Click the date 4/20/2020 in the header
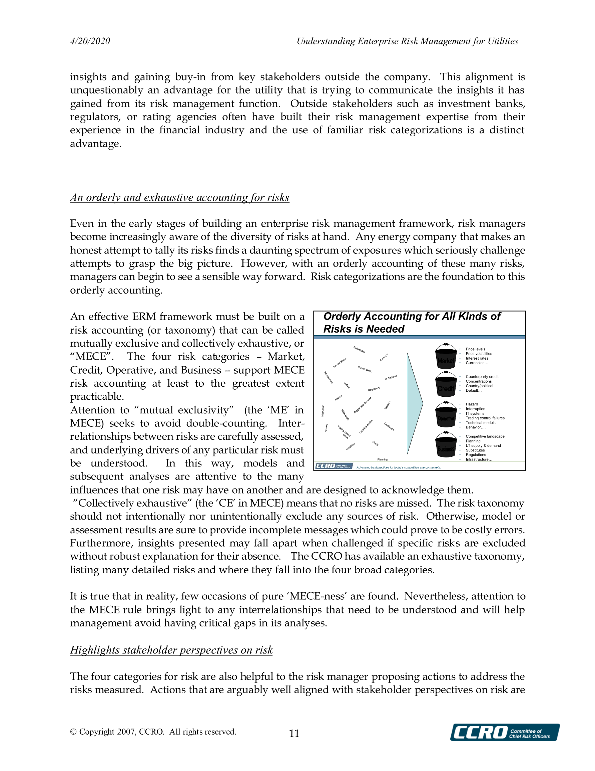click(90, 41)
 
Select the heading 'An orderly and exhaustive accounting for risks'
click(179, 197)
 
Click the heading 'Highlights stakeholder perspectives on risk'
click(171, 650)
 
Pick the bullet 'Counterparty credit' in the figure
click(482, 377)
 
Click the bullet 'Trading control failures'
click(485, 418)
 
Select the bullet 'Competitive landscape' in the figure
click(485, 436)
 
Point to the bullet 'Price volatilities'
click(479, 354)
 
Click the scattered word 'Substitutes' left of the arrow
click(359, 350)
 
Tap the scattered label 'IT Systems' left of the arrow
click(391, 378)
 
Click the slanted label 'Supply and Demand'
click(363, 405)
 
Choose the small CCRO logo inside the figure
click(334, 466)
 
